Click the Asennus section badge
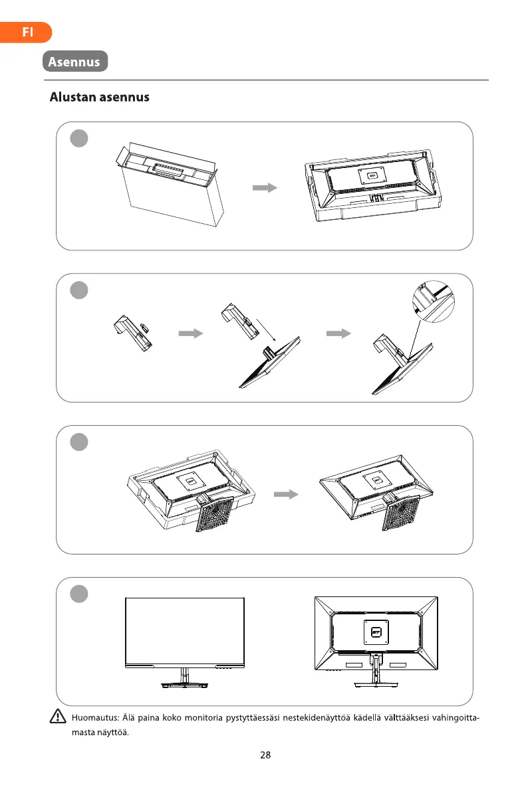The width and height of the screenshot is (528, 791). click(75, 62)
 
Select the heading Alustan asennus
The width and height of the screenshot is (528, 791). click(100, 98)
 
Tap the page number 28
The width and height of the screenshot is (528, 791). click(265, 754)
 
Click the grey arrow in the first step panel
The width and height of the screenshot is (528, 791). click(265, 188)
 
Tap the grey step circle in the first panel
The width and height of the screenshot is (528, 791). click(79, 139)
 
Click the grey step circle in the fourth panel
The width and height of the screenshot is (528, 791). click(79, 594)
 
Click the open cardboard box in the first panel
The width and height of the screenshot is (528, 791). click(170, 184)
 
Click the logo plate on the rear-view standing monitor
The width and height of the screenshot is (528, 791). click(376, 631)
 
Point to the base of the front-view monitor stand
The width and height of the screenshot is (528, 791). click(184, 684)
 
